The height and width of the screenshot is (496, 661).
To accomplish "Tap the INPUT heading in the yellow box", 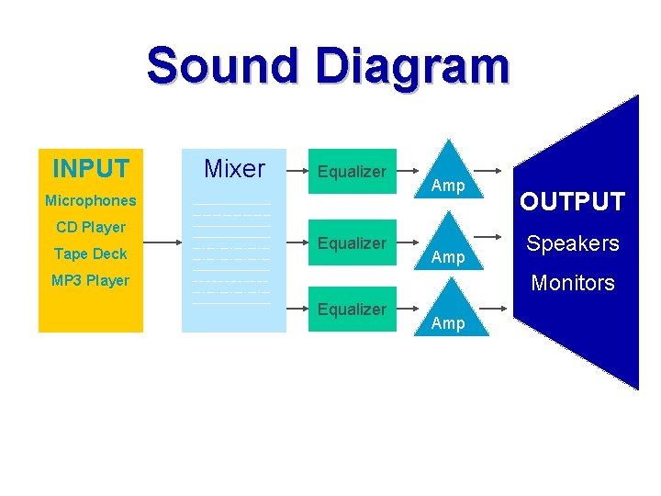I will coord(91,169).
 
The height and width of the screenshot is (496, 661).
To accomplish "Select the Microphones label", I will coord(91,200).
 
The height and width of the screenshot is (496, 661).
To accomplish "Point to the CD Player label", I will coord(91,227).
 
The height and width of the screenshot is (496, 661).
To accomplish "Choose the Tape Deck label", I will coord(91,254).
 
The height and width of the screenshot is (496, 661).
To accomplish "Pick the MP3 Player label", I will coord(91,280).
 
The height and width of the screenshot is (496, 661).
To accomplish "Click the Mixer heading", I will coord(234,169).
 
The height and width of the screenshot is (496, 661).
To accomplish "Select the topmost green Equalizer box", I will coord(352,171).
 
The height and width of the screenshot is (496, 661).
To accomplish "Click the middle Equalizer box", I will coord(352,242).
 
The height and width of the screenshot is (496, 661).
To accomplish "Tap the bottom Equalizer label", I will coord(352,309).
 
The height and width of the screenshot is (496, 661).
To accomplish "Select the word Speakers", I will coord(573,243).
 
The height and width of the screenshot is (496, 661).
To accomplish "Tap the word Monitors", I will coord(573,283).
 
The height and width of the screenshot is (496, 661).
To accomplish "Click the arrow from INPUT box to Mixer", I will coord(162,243).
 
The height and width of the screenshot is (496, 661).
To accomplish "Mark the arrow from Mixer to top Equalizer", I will coord(296,170).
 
